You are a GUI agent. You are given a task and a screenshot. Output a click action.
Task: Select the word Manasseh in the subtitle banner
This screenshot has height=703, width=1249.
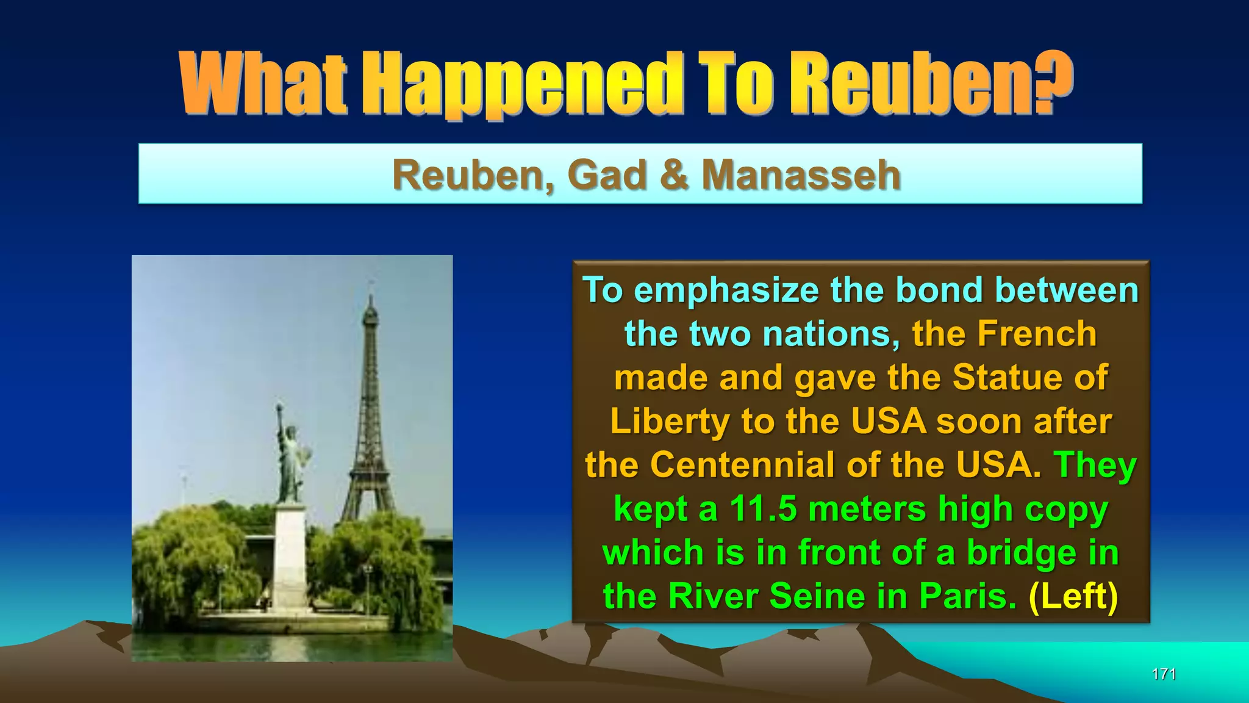point(801,175)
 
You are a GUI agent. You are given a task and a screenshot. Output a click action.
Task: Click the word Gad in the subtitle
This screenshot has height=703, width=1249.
point(607,175)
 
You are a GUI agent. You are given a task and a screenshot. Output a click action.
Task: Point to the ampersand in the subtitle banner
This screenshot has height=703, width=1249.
point(675,175)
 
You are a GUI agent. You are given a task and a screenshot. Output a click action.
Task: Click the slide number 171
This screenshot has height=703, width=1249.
point(1164,674)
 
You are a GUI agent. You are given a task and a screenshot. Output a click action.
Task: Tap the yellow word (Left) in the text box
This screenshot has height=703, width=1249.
point(1073,596)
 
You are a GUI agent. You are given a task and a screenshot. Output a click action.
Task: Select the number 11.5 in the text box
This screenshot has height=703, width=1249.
point(763,508)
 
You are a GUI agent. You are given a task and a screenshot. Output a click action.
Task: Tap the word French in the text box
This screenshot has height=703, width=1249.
point(1037,334)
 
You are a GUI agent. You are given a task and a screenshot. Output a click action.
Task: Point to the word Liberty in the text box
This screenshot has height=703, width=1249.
point(670,421)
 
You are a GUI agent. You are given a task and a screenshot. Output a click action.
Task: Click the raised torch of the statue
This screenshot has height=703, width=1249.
point(279,408)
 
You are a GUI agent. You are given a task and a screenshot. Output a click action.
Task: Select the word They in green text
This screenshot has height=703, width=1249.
point(1095,465)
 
